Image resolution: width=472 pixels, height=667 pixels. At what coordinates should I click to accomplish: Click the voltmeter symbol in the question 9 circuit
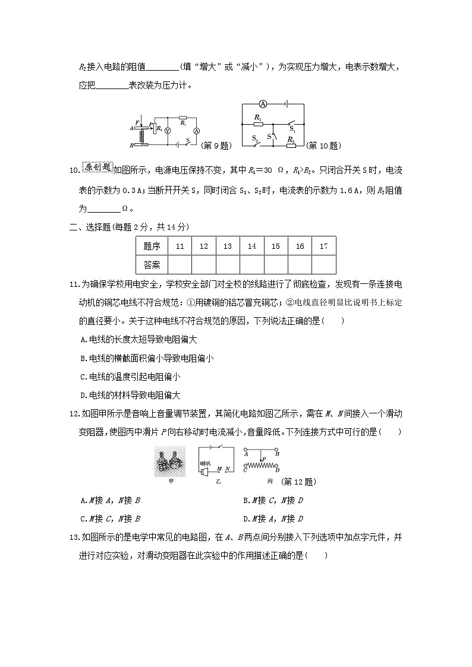(x=167, y=129)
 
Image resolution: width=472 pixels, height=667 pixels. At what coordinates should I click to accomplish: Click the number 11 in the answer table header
(x=180, y=246)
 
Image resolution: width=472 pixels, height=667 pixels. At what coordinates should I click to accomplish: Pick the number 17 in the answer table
(x=323, y=246)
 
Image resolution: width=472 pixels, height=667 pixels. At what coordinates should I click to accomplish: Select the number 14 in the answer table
(x=251, y=246)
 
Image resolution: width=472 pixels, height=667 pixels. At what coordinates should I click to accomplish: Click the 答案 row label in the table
(x=152, y=264)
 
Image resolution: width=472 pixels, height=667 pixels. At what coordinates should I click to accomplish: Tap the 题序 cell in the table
(x=152, y=246)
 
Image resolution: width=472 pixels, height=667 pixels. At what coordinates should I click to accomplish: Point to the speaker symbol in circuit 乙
(x=204, y=472)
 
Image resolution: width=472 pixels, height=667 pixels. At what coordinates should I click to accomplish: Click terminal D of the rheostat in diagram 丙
(x=277, y=470)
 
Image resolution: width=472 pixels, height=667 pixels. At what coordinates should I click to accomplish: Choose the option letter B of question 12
(x=246, y=501)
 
